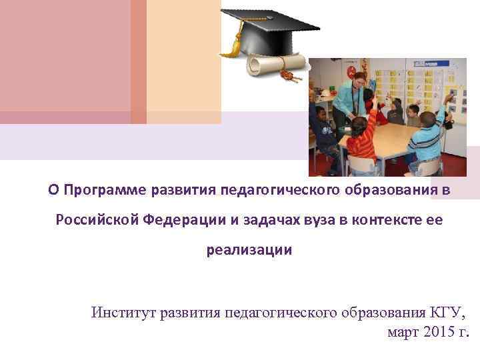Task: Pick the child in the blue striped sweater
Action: click(x=427, y=137)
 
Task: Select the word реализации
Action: click(x=248, y=251)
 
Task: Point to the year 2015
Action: click(x=437, y=333)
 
